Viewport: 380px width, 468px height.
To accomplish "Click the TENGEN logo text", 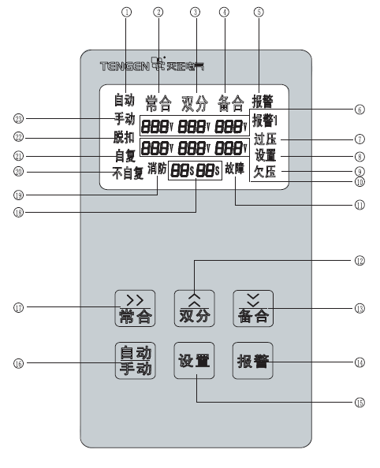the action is (125, 66).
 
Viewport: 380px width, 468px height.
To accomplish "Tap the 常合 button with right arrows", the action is (135, 308).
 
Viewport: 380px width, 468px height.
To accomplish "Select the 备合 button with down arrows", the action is (253, 308).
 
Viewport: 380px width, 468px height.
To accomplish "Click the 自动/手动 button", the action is (136, 361).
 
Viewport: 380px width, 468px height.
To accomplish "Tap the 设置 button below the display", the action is (194, 361).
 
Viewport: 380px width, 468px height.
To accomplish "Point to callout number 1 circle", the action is (126, 13).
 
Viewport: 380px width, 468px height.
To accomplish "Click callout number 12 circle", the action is (360, 261).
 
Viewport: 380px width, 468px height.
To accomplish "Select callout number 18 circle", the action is (18, 213).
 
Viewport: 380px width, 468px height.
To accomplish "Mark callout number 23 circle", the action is (18, 119).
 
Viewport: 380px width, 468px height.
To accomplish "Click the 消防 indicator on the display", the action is (157, 169).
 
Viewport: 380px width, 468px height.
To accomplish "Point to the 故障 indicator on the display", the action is (235, 169).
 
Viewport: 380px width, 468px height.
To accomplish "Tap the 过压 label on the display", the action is (265, 139).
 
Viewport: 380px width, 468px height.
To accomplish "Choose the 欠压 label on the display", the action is (265, 172).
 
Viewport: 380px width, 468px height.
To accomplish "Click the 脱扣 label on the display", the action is (124, 137).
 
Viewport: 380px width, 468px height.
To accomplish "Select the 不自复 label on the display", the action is (128, 173).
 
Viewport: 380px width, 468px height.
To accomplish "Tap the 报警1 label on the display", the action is (265, 121).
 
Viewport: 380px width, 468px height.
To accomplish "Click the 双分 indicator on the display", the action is (195, 103).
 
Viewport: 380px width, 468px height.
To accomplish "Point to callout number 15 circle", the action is (360, 403).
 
